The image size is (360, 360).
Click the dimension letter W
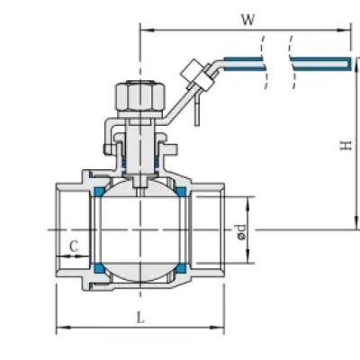click(x=248, y=20)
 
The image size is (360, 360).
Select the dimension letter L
click(x=140, y=318)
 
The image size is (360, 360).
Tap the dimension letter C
click(x=74, y=247)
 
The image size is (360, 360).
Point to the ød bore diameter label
click(x=241, y=232)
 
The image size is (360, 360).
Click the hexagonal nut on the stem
click(x=140, y=96)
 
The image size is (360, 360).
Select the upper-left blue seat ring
click(x=99, y=192)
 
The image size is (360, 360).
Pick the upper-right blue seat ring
click(x=181, y=192)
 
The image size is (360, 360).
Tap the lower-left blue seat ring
click(x=99, y=268)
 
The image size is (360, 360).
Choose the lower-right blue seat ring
click(x=181, y=268)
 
